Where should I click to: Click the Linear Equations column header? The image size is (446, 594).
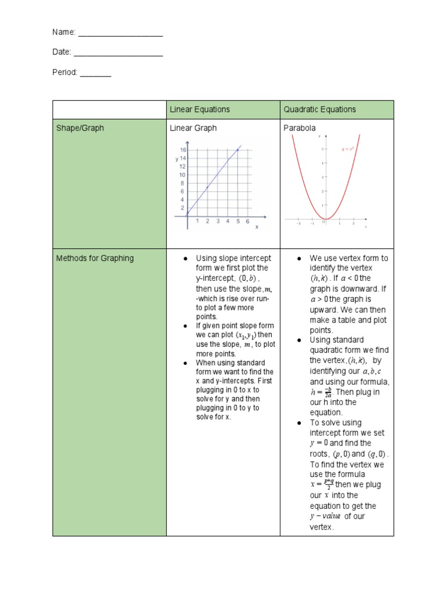point(200,110)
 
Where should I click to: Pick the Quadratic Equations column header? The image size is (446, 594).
point(319,110)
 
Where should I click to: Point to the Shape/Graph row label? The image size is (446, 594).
point(80,128)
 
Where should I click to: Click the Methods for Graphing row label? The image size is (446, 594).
point(95,258)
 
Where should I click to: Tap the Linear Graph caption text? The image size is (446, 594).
point(193,128)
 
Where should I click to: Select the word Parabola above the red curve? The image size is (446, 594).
point(300,128)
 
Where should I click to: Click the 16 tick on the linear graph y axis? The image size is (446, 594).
point(182,150)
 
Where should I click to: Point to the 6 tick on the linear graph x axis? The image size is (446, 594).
point(248,221)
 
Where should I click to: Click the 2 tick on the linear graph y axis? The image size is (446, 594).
point(182,208)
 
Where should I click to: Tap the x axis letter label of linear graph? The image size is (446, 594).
point(257,227)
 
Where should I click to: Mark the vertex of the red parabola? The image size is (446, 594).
point(326,219)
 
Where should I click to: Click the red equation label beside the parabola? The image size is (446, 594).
point(347,149)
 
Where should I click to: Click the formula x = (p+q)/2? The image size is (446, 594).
point(321,484)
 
